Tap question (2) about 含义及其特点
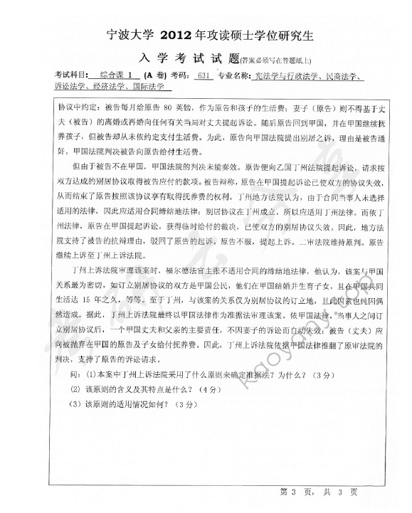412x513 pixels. pos(142,389)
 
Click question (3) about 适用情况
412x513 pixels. pos(131,404)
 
